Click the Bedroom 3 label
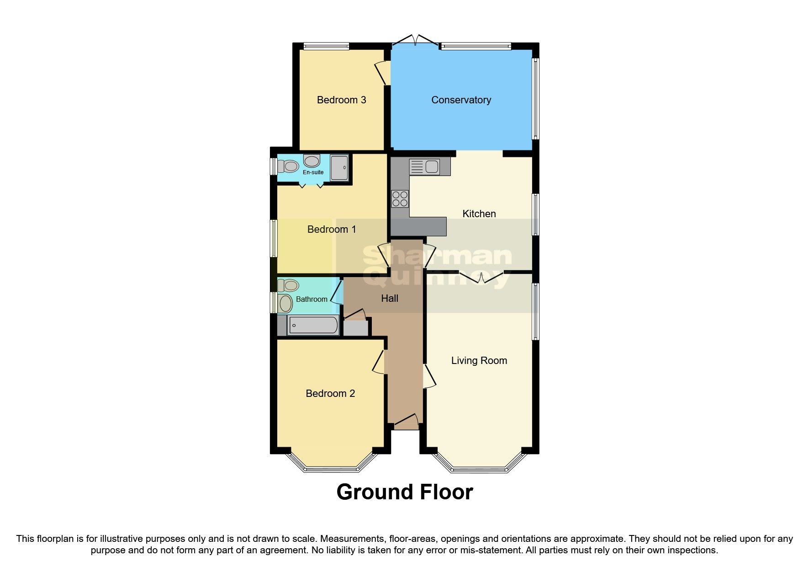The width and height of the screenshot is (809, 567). coord(341,100)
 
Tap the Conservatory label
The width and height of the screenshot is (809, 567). coord(461,100)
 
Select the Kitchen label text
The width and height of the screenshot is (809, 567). coord(479,214)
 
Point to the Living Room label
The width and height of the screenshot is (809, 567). coord(479,360)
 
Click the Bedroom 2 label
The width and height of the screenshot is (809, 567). coord(330,393)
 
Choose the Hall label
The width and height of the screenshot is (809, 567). coord(390,299)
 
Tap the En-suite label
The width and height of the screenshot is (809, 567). coord(313,172)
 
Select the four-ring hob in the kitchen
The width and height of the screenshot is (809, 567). coord(400,199)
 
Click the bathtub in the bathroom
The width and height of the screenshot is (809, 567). coord(313,326)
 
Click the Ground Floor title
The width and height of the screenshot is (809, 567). coord(404,492)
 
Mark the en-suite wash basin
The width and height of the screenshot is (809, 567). coord(312,161)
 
